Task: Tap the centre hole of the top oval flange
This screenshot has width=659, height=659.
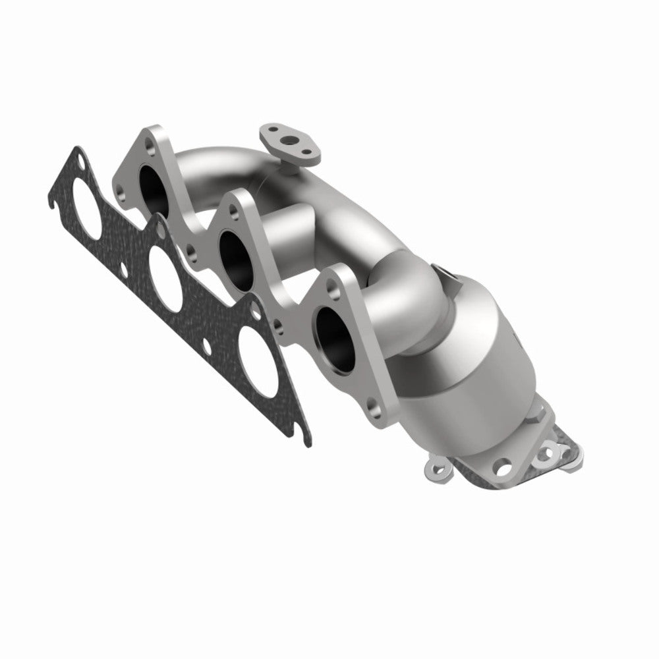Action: (x=289, y=139)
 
